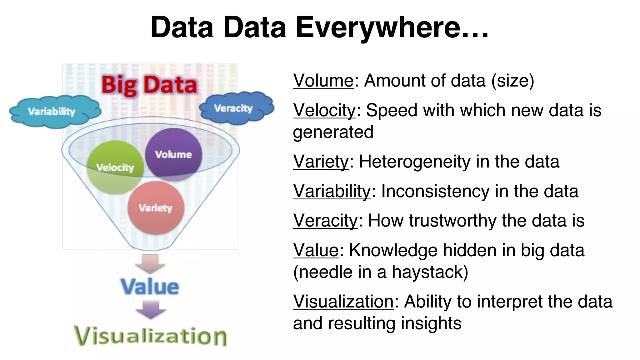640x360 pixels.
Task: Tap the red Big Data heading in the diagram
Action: (x=149, y=85)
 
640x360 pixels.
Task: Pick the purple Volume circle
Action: (x=174, y=154)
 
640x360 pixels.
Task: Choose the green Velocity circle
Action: (x=115, y=167)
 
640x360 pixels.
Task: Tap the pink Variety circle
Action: (x=156, y=208)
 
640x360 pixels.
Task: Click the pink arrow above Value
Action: (x=150, y=263)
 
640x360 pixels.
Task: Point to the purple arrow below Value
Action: (x=151, y=309)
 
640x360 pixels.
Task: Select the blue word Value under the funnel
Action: (x=150, y=287)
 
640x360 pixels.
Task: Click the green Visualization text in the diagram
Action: (x=150, y=336)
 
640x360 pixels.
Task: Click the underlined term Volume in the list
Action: (x=323, y=81)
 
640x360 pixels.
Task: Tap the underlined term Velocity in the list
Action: (x=324, y=110)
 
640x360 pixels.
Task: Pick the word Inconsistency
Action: (x=435, y=191)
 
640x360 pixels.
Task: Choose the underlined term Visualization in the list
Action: (x=343, y=302)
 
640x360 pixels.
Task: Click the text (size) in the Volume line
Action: (x=512, y=81)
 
